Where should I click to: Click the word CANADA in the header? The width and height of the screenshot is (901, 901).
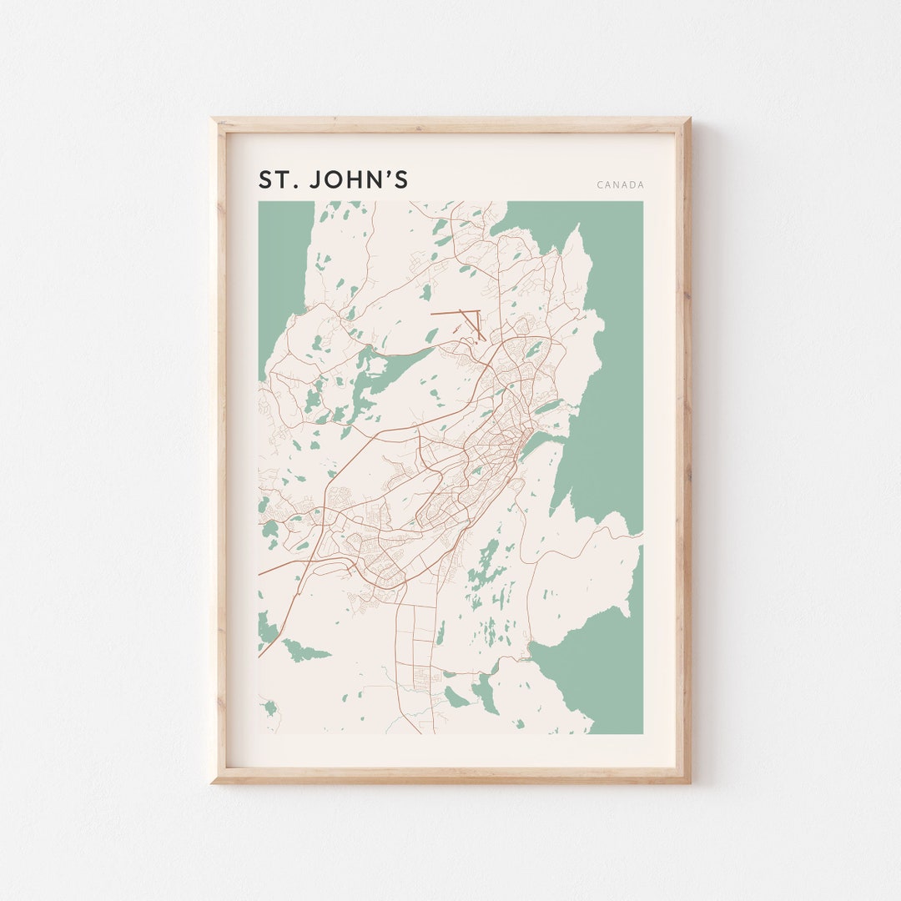pyautogui.click(x=620, y=185)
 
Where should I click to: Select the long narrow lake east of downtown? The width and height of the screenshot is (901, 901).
pyautogui.click(x=548, y=407)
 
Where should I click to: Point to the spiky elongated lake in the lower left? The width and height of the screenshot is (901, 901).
pyautogui.click(x=305, y=650)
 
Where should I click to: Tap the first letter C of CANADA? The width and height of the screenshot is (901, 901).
pyautogui.click(x=600, y=185)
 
